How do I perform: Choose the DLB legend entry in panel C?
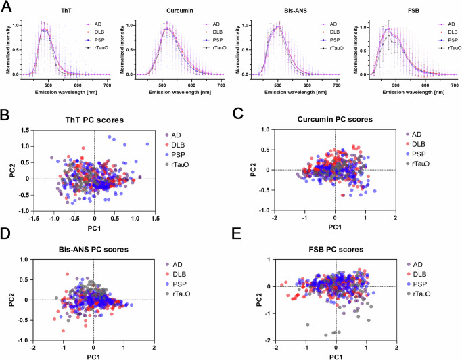(x=430, y=144)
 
